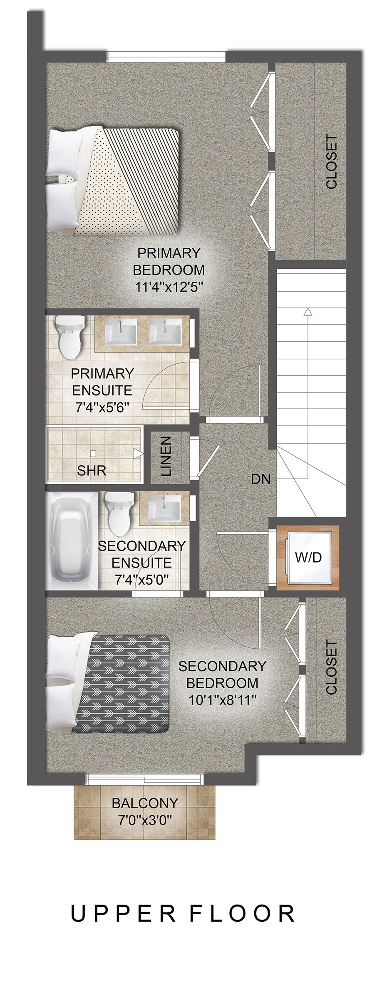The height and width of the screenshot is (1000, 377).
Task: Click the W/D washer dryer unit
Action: click(308, 558)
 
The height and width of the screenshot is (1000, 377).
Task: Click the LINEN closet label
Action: click(166, 456)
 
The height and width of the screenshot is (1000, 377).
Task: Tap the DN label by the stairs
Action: click(261, 479)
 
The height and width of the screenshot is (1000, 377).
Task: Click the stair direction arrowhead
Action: click(308, 312)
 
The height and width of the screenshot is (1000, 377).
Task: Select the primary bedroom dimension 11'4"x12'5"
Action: click(169, 287)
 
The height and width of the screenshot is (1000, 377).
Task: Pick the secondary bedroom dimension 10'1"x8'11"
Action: click(222, 700)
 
